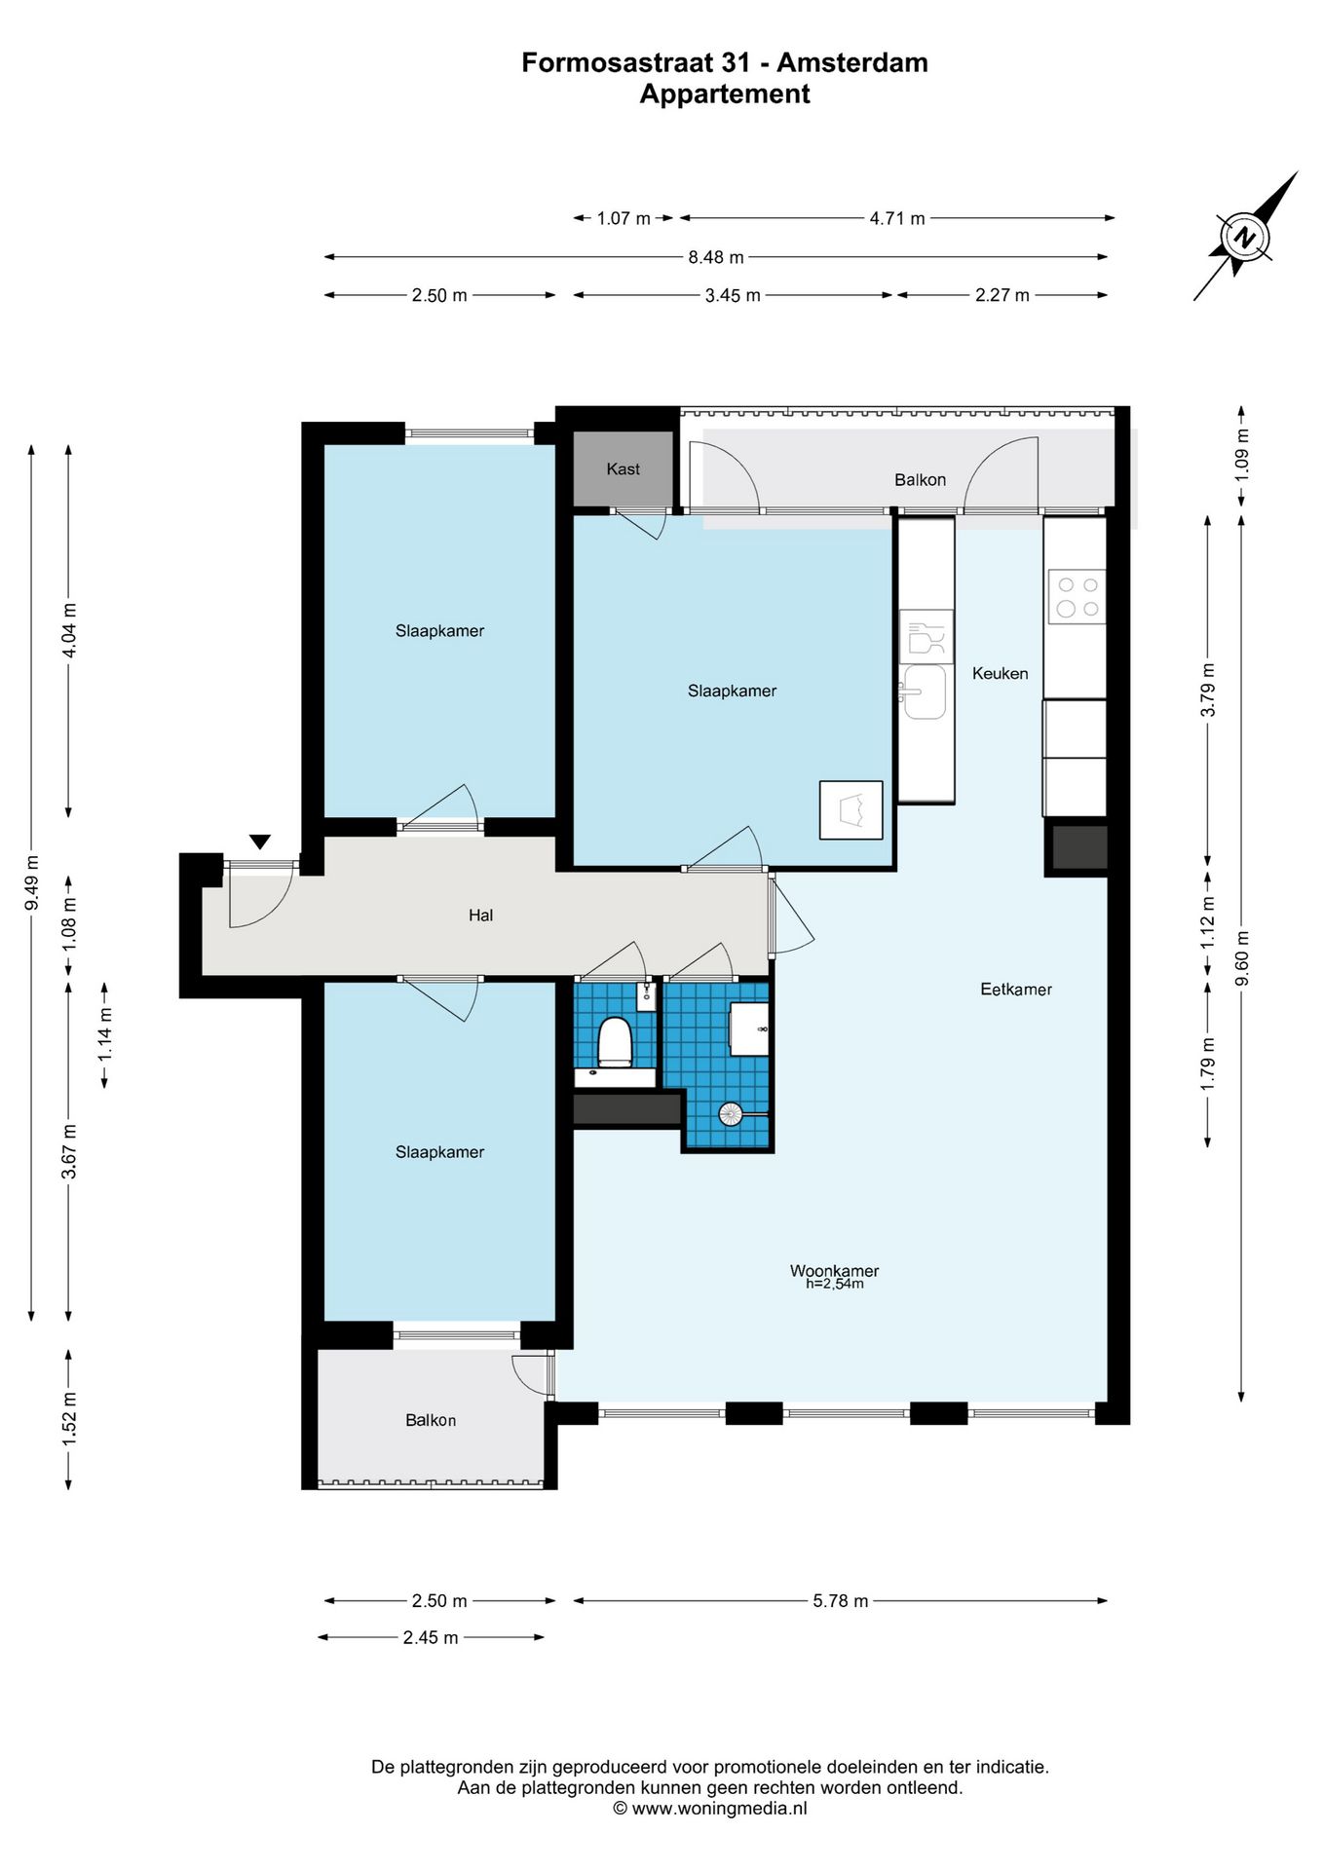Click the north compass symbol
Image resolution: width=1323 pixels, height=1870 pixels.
(1245, 237)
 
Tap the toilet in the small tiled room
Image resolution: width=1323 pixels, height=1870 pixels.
(615, 1041)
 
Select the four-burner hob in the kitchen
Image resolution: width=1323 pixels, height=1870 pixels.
(1077, 596)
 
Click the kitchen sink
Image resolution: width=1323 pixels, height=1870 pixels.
(923, 692)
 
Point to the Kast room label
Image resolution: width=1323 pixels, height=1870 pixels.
(624, 469)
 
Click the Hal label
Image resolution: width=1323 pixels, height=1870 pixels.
(480, 916)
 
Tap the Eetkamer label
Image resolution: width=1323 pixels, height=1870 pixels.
(1016, 990)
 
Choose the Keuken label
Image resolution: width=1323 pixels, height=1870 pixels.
(1001, 673)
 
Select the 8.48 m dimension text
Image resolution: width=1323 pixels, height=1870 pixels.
(716, 257)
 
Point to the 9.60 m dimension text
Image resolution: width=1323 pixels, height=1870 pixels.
(1242, 957)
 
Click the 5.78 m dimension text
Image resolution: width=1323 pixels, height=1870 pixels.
(841, 1601)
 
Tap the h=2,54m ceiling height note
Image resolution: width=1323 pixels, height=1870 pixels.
(835, 1285)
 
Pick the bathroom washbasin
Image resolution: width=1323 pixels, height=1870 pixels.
(749, 1029)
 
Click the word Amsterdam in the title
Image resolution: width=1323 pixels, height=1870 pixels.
(852, 62)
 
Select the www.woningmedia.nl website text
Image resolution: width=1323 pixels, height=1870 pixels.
(720, 1809)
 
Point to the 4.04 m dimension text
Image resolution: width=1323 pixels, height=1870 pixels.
(69, 631)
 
